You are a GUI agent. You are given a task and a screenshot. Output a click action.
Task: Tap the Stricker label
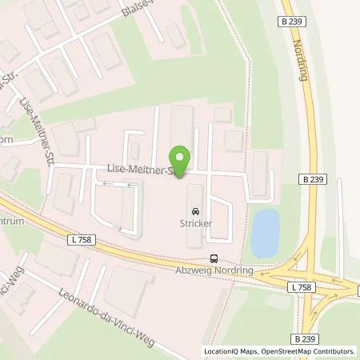195,224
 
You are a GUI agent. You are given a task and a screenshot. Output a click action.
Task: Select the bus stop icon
214,258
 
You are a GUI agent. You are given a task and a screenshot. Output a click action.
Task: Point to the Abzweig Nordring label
214,270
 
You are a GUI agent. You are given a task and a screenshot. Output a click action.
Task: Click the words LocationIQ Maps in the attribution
230,351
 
